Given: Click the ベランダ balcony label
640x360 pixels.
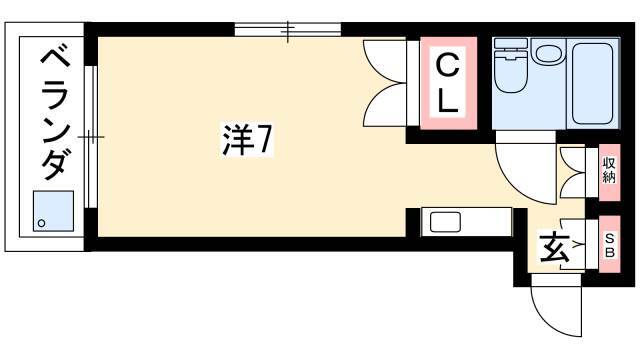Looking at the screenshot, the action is [56, 114].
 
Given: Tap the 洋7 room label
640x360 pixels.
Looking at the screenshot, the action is [246, 139].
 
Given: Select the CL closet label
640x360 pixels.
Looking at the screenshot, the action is [448, 83].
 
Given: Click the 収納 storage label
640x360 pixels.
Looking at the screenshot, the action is [609, 170].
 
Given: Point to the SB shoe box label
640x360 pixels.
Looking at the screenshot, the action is [609, 245].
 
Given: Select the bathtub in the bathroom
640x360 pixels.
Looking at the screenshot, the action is [592, 83].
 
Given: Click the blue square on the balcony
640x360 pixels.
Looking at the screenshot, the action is [53, 211].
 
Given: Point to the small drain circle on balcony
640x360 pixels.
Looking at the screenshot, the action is [41, 223].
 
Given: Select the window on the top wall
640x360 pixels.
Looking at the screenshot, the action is [288, 29].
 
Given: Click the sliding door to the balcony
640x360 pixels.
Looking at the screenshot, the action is [91, 136].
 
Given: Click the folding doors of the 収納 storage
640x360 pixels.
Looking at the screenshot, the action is [572, 172].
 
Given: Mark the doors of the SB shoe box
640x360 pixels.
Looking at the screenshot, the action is [572, 244].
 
